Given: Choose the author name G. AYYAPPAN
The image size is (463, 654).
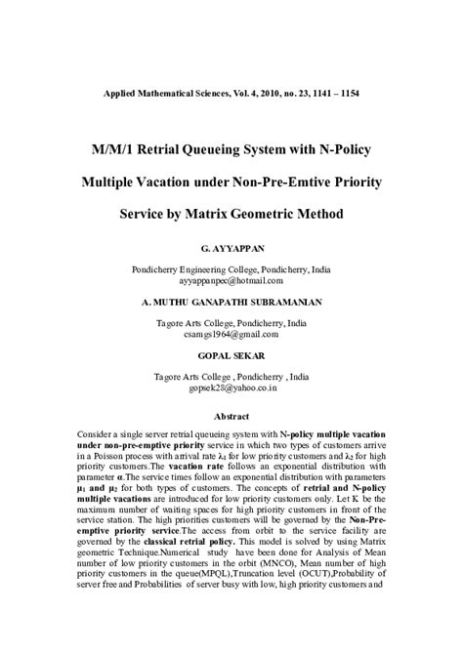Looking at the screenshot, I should pos(231,250).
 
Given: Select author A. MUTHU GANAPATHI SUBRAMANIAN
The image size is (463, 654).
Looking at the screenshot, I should pos(231,304).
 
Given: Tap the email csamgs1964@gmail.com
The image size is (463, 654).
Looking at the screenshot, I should pos(231,333).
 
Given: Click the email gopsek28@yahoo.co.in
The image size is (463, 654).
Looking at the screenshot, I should pos(231,387).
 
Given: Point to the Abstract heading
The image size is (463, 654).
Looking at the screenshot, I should pos(231,415).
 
